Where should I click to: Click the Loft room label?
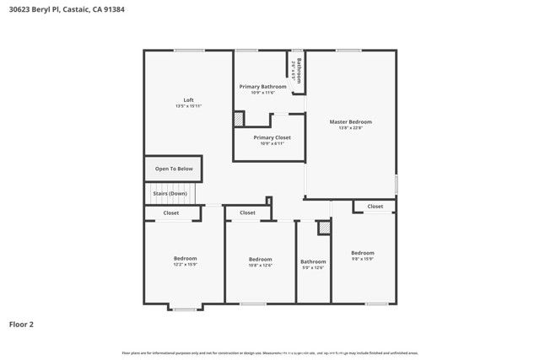click(188, 99)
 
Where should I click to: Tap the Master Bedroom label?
click(349, 121)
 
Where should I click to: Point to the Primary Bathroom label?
click(262, 86)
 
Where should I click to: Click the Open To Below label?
click(174, 169)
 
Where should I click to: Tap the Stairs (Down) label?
click(170, 193)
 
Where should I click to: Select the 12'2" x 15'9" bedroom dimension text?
click(185, 265)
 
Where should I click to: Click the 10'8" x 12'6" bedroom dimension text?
click(260, 266)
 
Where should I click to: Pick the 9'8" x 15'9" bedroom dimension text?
click(362, 260)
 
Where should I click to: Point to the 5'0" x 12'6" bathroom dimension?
click(312, 267)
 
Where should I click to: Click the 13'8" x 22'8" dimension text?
click(350, 128)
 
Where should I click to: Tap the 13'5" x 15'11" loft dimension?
click(188, 106)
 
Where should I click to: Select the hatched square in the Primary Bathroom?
click(239, 120)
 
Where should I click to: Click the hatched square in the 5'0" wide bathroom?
click(323, 228)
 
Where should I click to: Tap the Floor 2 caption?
click(21, 324)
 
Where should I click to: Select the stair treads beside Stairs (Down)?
click(198, 194)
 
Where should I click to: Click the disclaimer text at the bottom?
click(270, 352)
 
